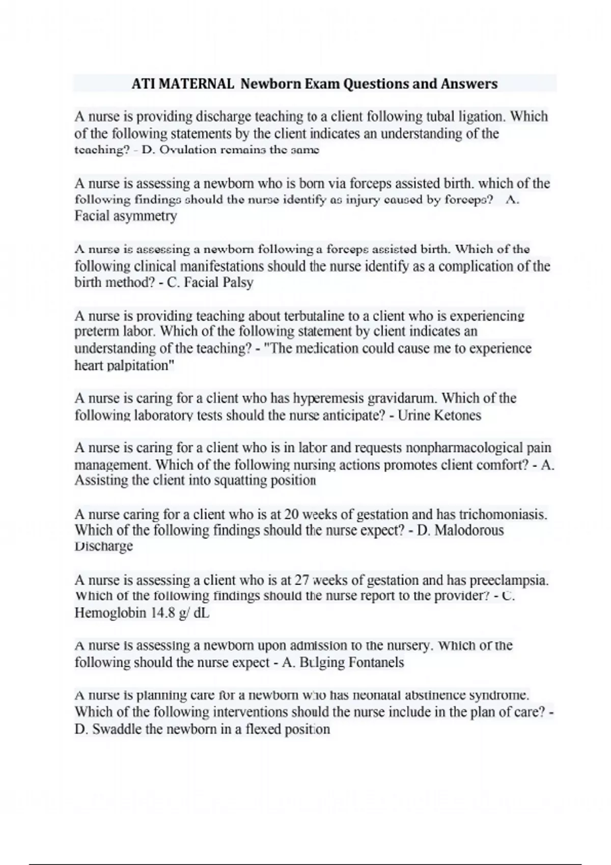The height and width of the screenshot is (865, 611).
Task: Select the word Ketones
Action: coord(458,415)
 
